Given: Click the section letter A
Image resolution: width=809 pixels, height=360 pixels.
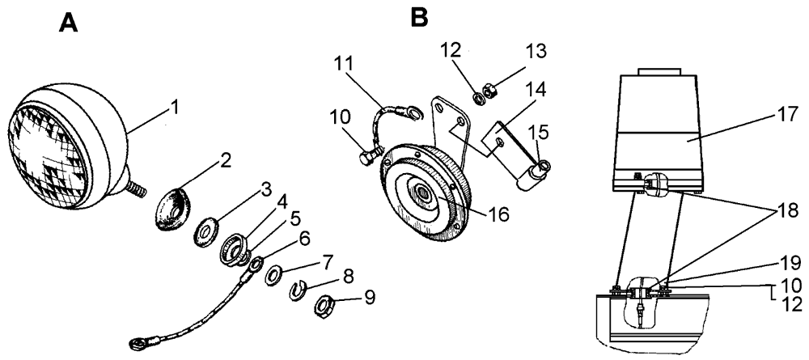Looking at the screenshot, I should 69,23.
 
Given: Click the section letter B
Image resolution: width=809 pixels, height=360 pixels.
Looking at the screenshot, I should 419,16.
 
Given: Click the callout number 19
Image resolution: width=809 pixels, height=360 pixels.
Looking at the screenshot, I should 790,262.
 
